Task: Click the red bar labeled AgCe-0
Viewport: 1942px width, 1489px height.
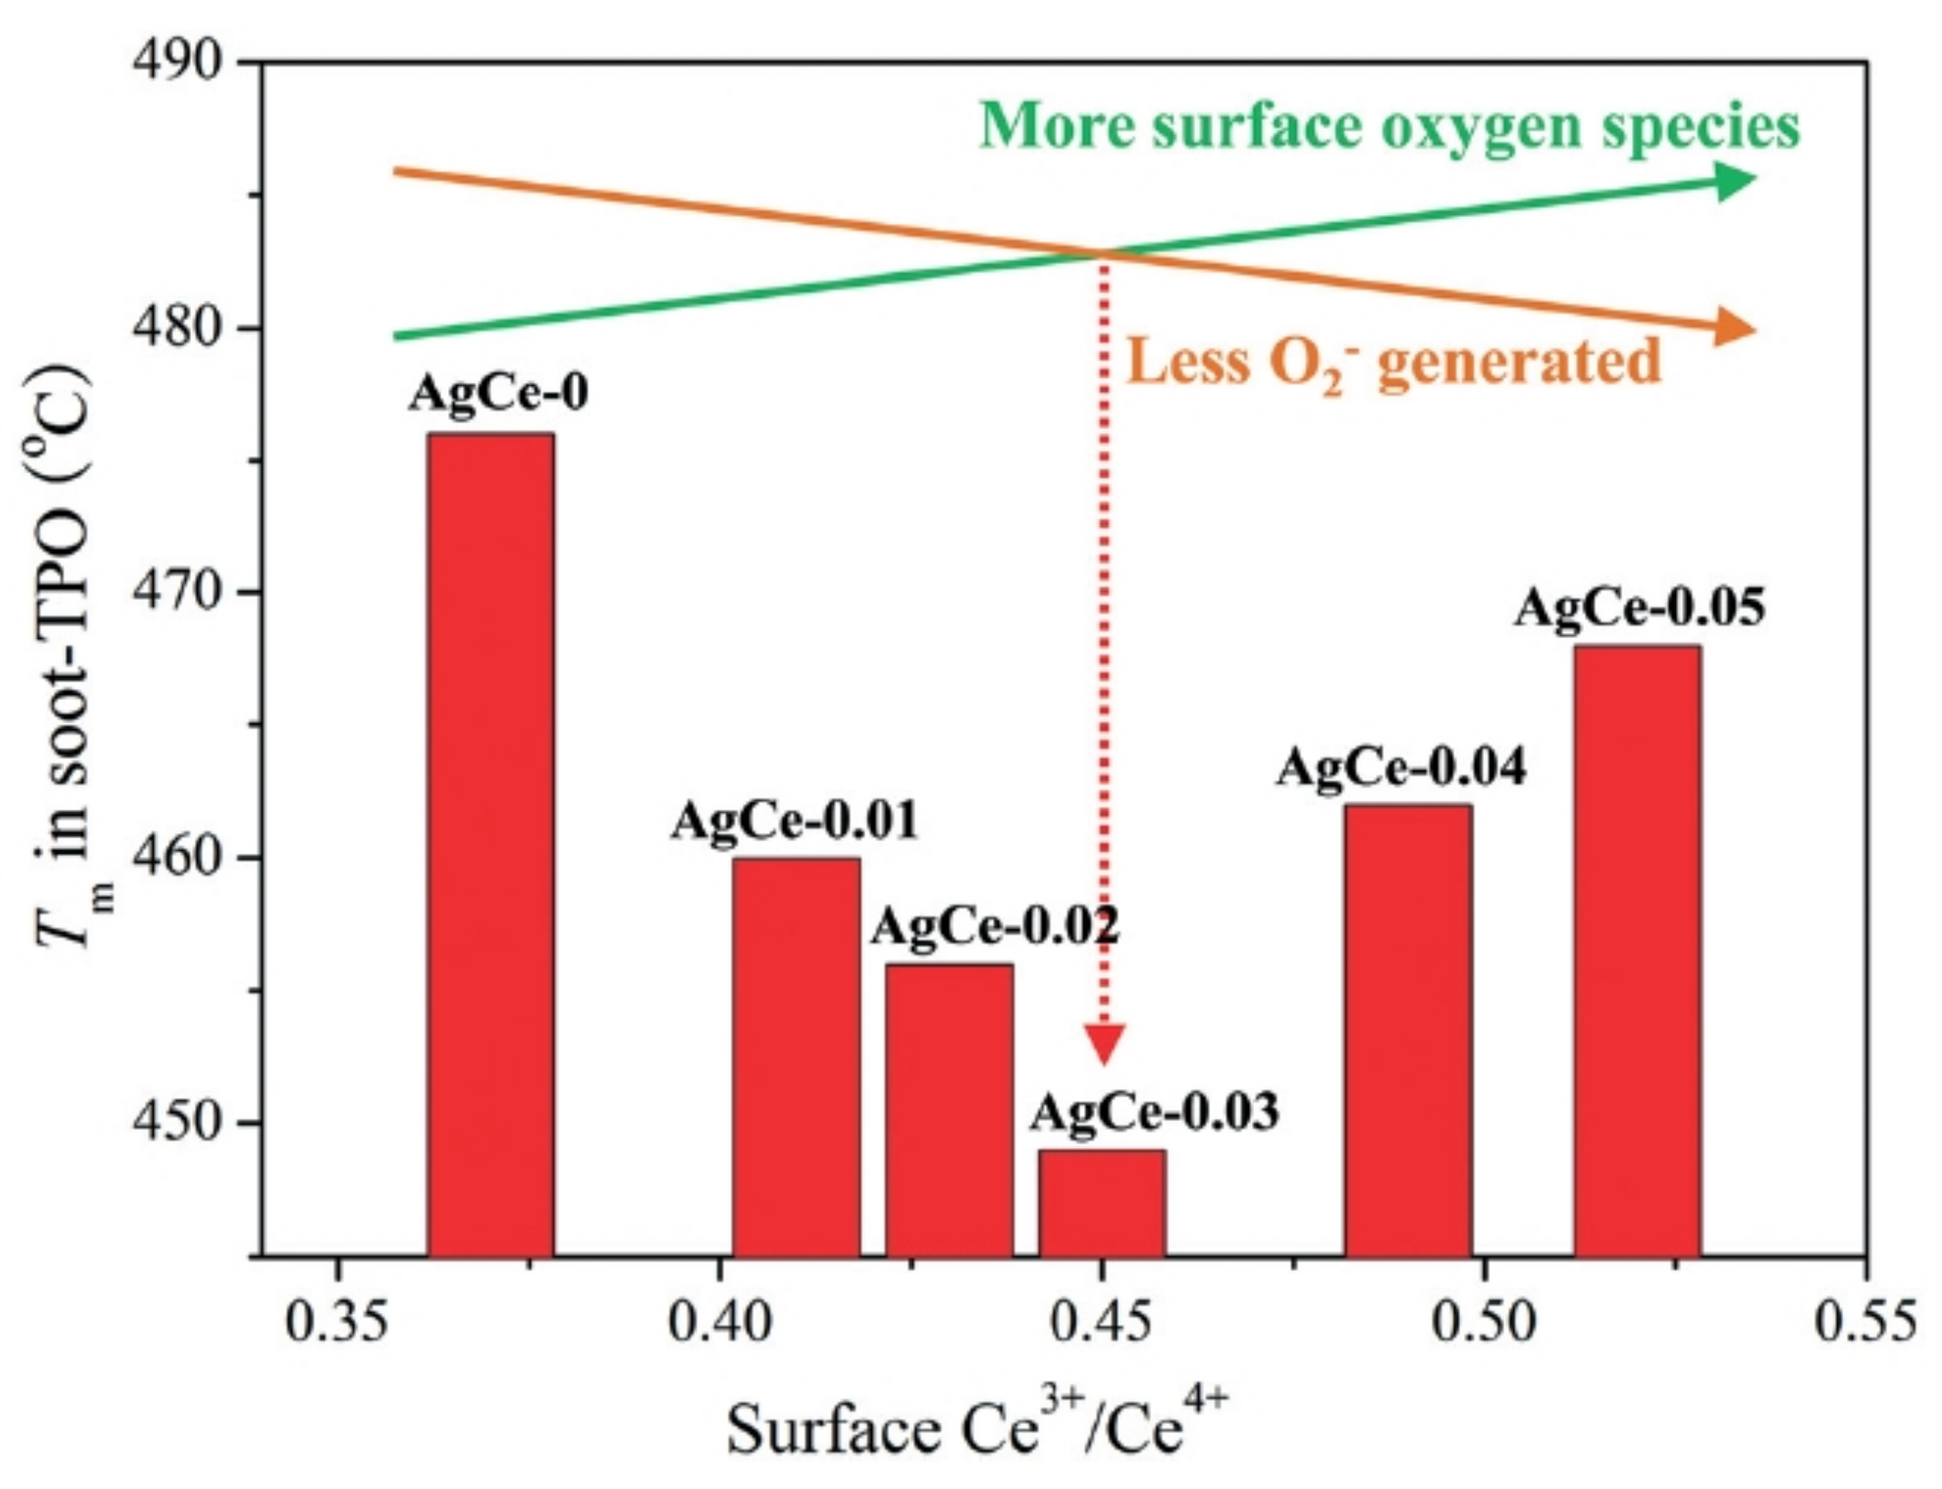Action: pyautogui.click(x=491, y=842)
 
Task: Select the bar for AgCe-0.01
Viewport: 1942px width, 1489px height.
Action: pyautogui.click(x=795, y=1055)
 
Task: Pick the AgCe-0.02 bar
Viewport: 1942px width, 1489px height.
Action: pyautogui.click(x=949, y=1108)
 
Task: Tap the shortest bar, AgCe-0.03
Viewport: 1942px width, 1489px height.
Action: pyautogui.click(x=1101, y=1201)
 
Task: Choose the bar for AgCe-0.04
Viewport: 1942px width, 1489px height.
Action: pyautogui.click(x=1408, y=1028)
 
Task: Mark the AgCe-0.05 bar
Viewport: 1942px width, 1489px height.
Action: pyautogui.click(x=1636, y=948)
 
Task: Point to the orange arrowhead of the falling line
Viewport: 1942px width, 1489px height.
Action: pyautogui.click(x=1733, y=329)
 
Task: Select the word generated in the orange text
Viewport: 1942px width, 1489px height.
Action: pyautogui.click(x=1519, y=361)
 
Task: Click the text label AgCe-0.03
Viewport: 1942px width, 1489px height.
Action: pyautogui.click(x=1153, y=1112)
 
